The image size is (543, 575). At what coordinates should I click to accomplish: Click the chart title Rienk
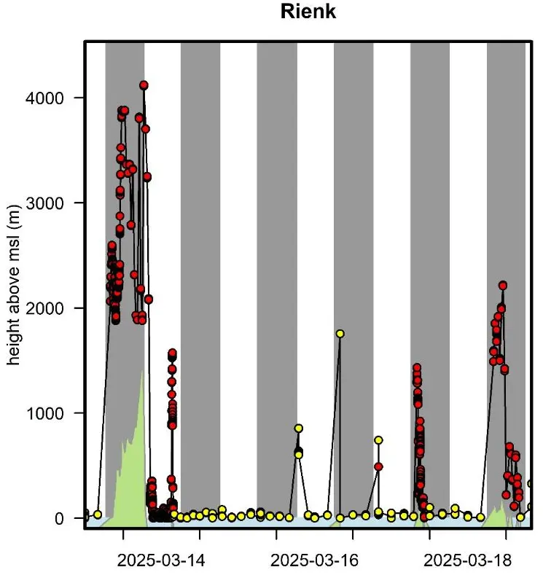click(x=308, y=11)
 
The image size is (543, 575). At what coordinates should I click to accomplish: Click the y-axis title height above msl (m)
click(x=13, y=284)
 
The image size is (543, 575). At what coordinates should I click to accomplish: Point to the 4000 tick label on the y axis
click(x=44, y=98)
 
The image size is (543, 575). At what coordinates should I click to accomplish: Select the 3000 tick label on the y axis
click(x=44, y=203)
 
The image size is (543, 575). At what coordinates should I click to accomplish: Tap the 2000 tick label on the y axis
click(x=44, y=308)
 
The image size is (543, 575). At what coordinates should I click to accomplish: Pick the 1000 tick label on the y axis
click(x=44, y=413)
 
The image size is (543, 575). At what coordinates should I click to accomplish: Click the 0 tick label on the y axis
click(x=59, y=519)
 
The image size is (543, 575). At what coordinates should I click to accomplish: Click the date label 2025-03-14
click(x=161, y=560)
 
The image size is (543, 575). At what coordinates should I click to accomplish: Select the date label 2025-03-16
click(x=314, y=560)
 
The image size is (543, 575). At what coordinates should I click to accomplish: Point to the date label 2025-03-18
click(x=467, y=560)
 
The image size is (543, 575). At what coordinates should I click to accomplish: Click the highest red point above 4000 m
click(x=144, y=85)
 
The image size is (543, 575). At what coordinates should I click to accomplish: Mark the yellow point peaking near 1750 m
click(x=340, y=334)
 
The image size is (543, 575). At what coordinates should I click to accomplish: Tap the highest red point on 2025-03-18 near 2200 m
click(x=503, y=285)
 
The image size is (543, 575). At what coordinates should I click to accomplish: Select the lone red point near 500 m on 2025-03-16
click(x=378, y=467)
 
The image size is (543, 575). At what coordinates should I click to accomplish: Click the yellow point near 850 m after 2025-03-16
click(x=299, y=429)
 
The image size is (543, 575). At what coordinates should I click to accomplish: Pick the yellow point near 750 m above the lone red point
click(x=379, y=440)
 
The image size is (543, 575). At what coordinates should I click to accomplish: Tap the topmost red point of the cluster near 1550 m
click(x=172, y=353)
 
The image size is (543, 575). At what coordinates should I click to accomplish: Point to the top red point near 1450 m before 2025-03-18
click(x=417, y=367)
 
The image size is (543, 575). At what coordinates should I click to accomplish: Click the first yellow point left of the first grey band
click(x=98, y=515)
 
